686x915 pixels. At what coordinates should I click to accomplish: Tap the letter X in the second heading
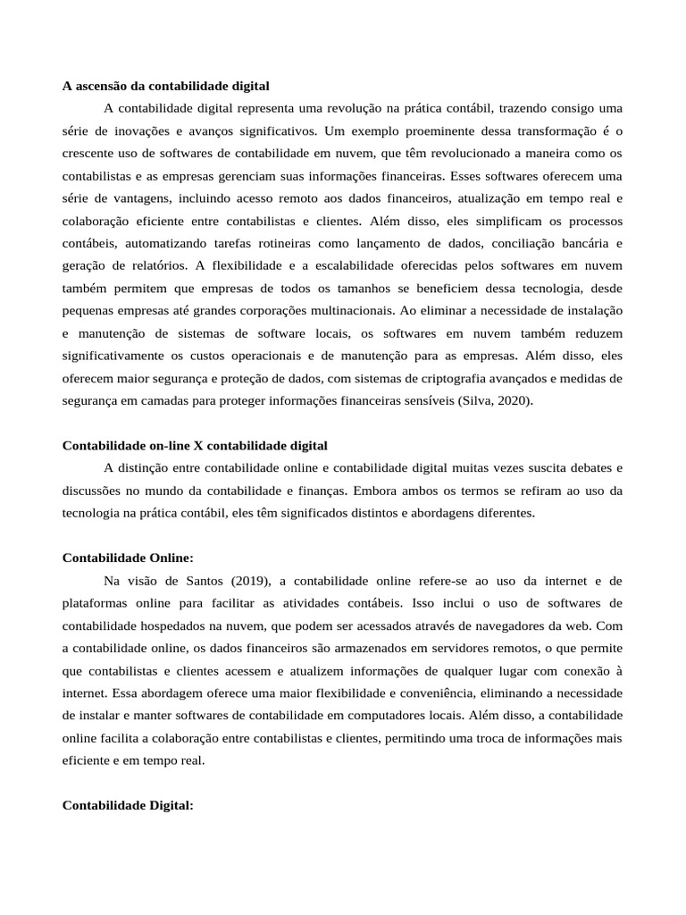pos(198,445)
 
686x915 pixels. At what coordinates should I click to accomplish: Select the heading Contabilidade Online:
pos(128,558)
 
